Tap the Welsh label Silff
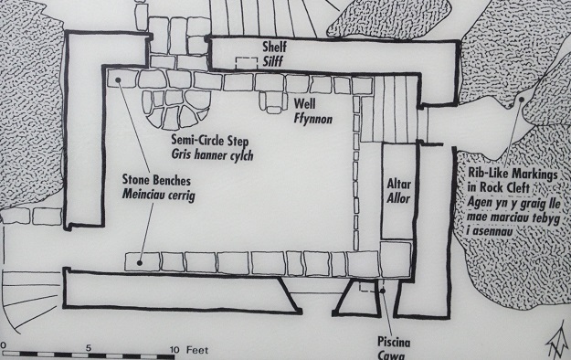[275, 61]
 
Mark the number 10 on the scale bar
[174, 347]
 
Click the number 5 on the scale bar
[89, 347]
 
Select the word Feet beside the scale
[197, 347]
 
